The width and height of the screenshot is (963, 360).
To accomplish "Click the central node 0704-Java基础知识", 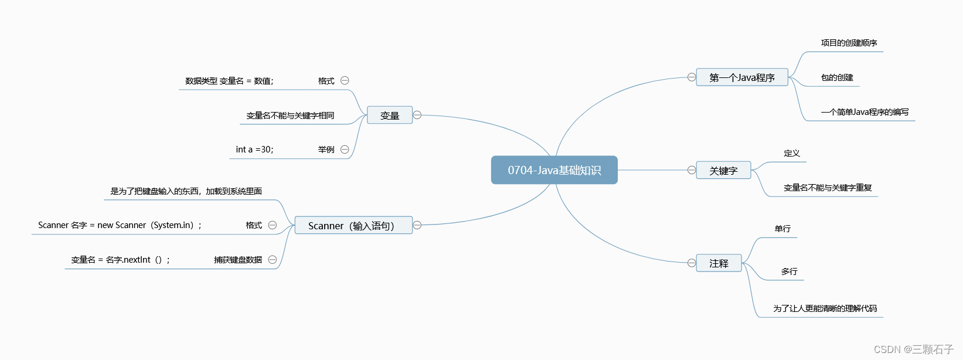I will (x=554, y=170).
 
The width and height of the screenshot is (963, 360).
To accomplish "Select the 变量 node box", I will (x=390, y=116).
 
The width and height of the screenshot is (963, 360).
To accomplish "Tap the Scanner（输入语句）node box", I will (x=352, y=226).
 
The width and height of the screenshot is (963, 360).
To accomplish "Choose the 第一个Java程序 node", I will (x=741, y=77).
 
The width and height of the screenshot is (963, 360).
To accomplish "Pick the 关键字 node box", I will (x=723, y=171).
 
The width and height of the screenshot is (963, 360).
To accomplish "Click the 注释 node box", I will (x=719, y=263).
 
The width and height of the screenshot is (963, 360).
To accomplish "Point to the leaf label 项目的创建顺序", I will (x=849, y=43).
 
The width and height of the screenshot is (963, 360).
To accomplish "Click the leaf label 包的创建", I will (x=837, y=77).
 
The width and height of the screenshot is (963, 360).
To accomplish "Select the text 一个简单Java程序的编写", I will (x=865, y=112).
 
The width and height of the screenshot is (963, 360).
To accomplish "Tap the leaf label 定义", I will (x=792, y=153).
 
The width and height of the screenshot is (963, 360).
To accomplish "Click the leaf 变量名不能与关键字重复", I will (x=828, y=188).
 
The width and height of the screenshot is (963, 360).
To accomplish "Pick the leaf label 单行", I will (x=782, y=229).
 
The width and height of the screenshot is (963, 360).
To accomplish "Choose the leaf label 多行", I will (x=789, y=271).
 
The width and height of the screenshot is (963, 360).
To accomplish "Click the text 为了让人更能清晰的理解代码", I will (x=825, y=308).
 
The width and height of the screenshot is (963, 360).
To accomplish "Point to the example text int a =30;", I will (x=254, y=150).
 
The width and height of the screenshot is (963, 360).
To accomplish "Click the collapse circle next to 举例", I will (x=345, y=150).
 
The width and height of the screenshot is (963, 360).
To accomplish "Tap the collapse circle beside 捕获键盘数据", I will (x=273, y=260).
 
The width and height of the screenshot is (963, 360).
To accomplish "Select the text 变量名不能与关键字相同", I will (x=290, y=116).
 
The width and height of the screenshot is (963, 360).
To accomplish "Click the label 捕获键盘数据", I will (x=238, y=260).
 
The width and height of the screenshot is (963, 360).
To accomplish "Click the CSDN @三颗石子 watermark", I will (x=914, y=349).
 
